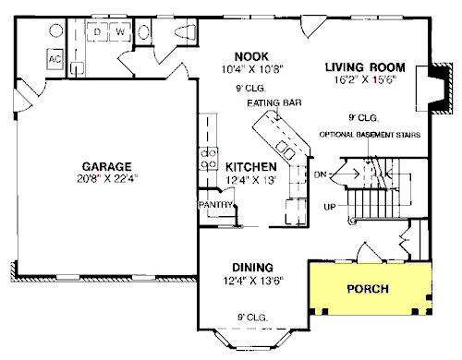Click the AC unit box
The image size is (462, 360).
[x=55, y=59]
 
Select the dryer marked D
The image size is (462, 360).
[x=97, y=31]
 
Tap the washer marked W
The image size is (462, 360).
[x=120, y=31]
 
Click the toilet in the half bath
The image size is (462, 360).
[x=185, y=32]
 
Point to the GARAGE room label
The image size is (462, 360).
[x=107, y=166]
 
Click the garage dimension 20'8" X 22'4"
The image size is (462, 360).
[x=107, y=178]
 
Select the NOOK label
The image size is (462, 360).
[x=251, y=56]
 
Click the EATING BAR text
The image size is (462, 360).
[x=274, y=102]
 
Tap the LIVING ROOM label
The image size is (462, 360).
[x=365, y=67]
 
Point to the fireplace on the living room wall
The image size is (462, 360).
[x=434, y=89]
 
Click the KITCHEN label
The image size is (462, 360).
[x=251, y=167]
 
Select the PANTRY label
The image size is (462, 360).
[x=215, y=205]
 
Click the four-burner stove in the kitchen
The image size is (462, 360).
[x=209, y=159]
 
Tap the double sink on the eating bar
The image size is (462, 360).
[x=286, y=150]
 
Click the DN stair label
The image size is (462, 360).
[x=321, y=174]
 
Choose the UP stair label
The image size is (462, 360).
[x=330, y=207]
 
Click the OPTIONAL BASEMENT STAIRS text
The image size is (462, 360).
[x=370, y=135]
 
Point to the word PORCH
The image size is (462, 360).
[x=368, y=289]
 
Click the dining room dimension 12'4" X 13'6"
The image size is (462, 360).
[x=253, y=281]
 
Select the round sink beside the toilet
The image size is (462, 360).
[x=143, y=32]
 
